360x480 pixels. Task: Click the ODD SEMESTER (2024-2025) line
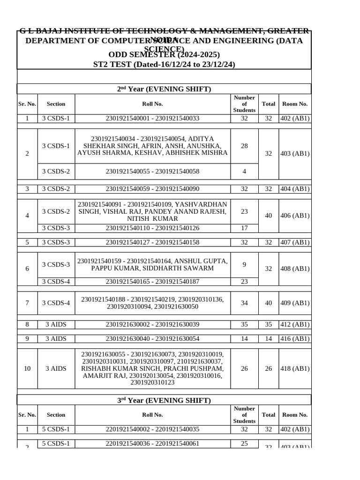(164, 55)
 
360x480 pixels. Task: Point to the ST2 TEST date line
(164, 64)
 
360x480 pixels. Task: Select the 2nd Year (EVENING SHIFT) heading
(164, 89)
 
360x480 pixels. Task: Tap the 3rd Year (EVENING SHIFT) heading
(164, 400)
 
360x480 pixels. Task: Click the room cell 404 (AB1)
(295, 189)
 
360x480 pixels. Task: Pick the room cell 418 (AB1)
(295, 368)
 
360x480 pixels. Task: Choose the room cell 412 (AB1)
(295, 324)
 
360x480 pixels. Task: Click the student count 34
(244, 303)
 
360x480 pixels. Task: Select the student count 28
(244, 146)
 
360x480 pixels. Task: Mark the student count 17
(244, 228)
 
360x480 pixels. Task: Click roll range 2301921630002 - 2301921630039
(152, 324)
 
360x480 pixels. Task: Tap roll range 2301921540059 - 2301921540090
(152, 189)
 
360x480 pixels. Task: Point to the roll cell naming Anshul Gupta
(152, 264)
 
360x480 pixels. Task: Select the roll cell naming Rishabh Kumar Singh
(152, 368)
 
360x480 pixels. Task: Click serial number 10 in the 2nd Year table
(27, 368)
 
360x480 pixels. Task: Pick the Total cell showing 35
(268, 324)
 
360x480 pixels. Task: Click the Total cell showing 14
(268, 338)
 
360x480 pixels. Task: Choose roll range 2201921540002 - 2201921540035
(152, 429)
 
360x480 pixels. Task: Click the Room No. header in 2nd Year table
(295, 104)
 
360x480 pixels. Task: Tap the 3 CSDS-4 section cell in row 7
(56, 303)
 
